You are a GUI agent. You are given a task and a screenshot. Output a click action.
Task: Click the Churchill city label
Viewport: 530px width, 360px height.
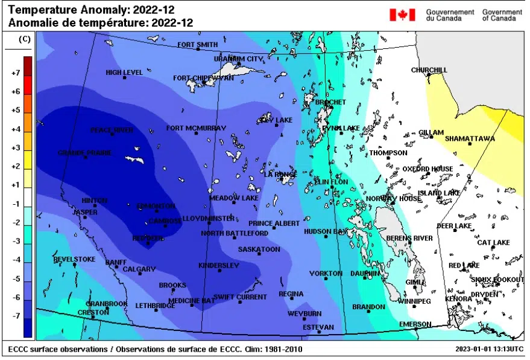coord(429,70)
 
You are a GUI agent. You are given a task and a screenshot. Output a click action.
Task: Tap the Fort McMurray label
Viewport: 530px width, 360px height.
coord(196,128)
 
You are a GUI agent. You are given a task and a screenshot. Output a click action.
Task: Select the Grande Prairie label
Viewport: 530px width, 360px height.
coord(84,153)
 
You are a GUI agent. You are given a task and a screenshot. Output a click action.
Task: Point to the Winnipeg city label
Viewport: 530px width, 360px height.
coord(414,301)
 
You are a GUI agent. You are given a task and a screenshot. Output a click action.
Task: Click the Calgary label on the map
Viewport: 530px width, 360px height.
coord(139,269)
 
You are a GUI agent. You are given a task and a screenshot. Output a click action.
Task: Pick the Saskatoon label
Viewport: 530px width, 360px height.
coord(259,249)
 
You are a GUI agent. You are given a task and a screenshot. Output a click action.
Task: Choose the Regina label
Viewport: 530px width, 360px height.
coord(291,294)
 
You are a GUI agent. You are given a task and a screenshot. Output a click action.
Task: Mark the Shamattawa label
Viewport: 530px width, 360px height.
coord(470,139)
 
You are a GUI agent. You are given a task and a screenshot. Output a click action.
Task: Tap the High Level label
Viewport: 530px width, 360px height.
coord(124,72)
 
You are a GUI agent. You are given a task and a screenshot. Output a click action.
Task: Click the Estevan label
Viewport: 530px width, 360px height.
coord(318,327)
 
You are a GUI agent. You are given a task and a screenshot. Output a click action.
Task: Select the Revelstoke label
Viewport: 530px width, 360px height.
coord(74,259)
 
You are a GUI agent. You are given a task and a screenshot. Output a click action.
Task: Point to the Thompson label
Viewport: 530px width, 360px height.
coord(388,153)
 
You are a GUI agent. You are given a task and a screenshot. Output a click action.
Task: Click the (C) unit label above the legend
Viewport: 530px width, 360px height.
coord(25,39)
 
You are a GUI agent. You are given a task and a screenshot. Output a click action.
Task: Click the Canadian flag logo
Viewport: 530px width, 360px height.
coord(402,14)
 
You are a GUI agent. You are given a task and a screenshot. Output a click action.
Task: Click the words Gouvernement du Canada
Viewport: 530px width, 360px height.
coord(450,15)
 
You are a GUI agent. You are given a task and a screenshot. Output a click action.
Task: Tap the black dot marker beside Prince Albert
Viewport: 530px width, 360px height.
coord(274,228)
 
